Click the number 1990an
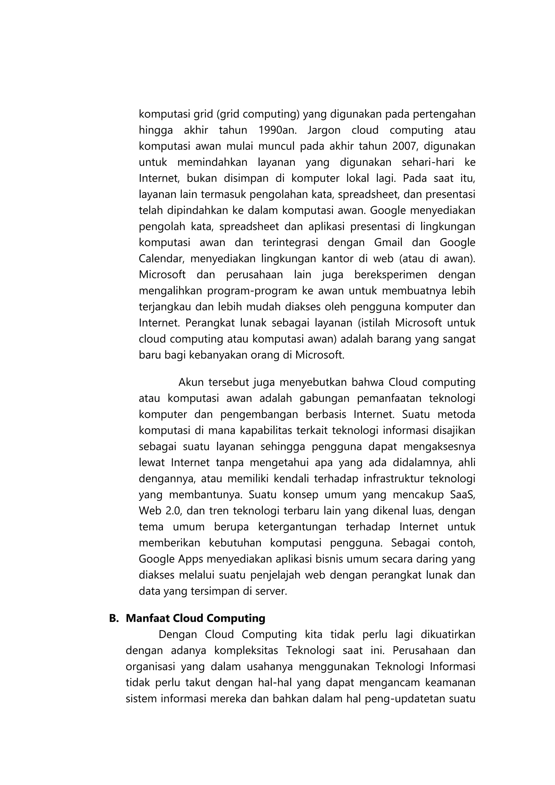coord(277,130)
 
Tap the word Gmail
coord(388,243)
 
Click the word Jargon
coord(324,130)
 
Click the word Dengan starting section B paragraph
coord(178,635)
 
